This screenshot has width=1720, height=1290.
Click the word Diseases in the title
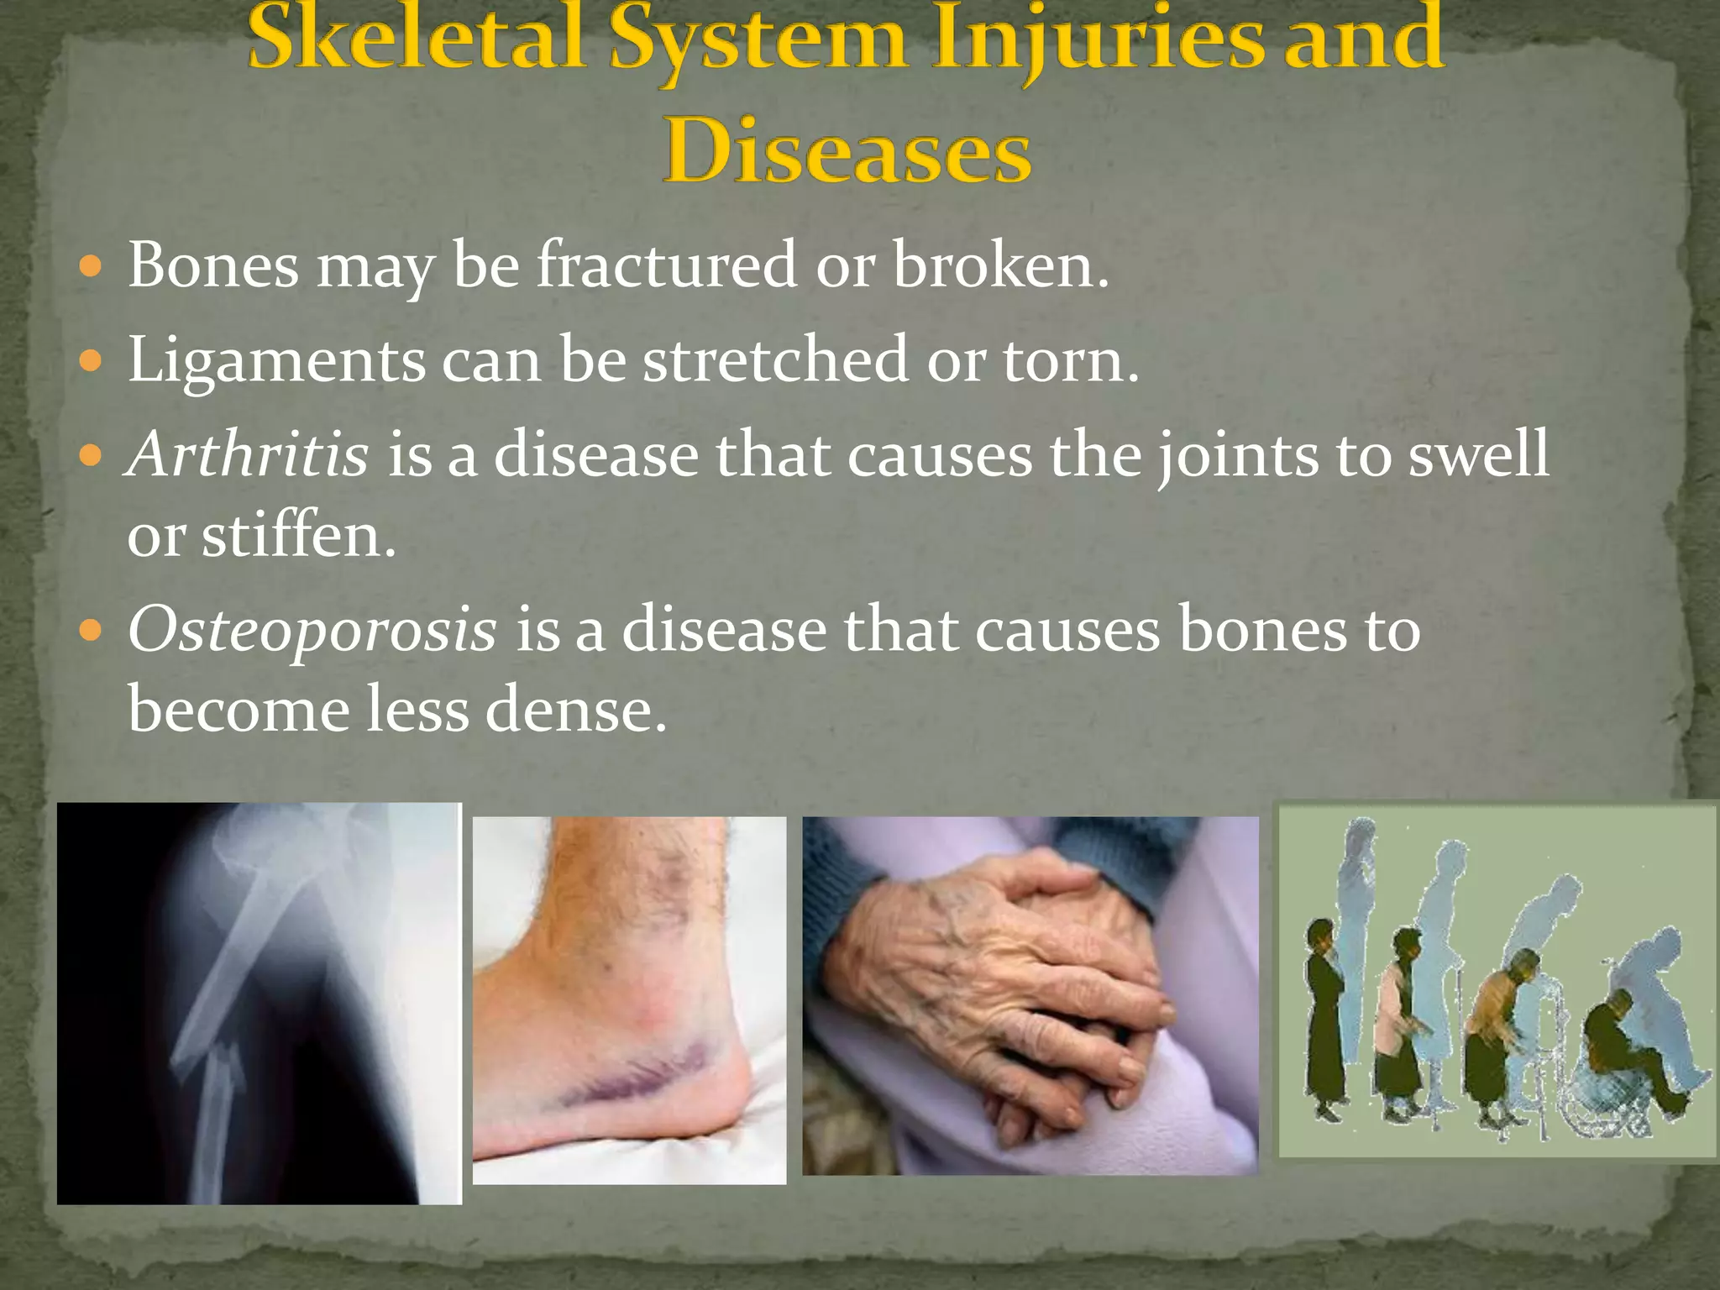pyautogui.click(x=848, y=153)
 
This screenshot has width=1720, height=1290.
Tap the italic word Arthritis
pyautogui.click(x=247, y=454)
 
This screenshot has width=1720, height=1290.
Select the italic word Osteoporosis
pyautogui.click(x=312, y=630)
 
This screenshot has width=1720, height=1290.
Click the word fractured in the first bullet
pyautogui.click(x=666, y=265)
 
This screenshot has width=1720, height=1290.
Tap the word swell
pyautogui.click(x=1478, y=454)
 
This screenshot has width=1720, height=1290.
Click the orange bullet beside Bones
pyautogui.click(x=90, y=268)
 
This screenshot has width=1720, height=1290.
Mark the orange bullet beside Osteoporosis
pyautogui.click(x=90, y=630)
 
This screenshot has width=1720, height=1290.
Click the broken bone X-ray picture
pyautogui.click(x=259, y=1004)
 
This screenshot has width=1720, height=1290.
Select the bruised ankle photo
pyautogui.click(x=629, y=999)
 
